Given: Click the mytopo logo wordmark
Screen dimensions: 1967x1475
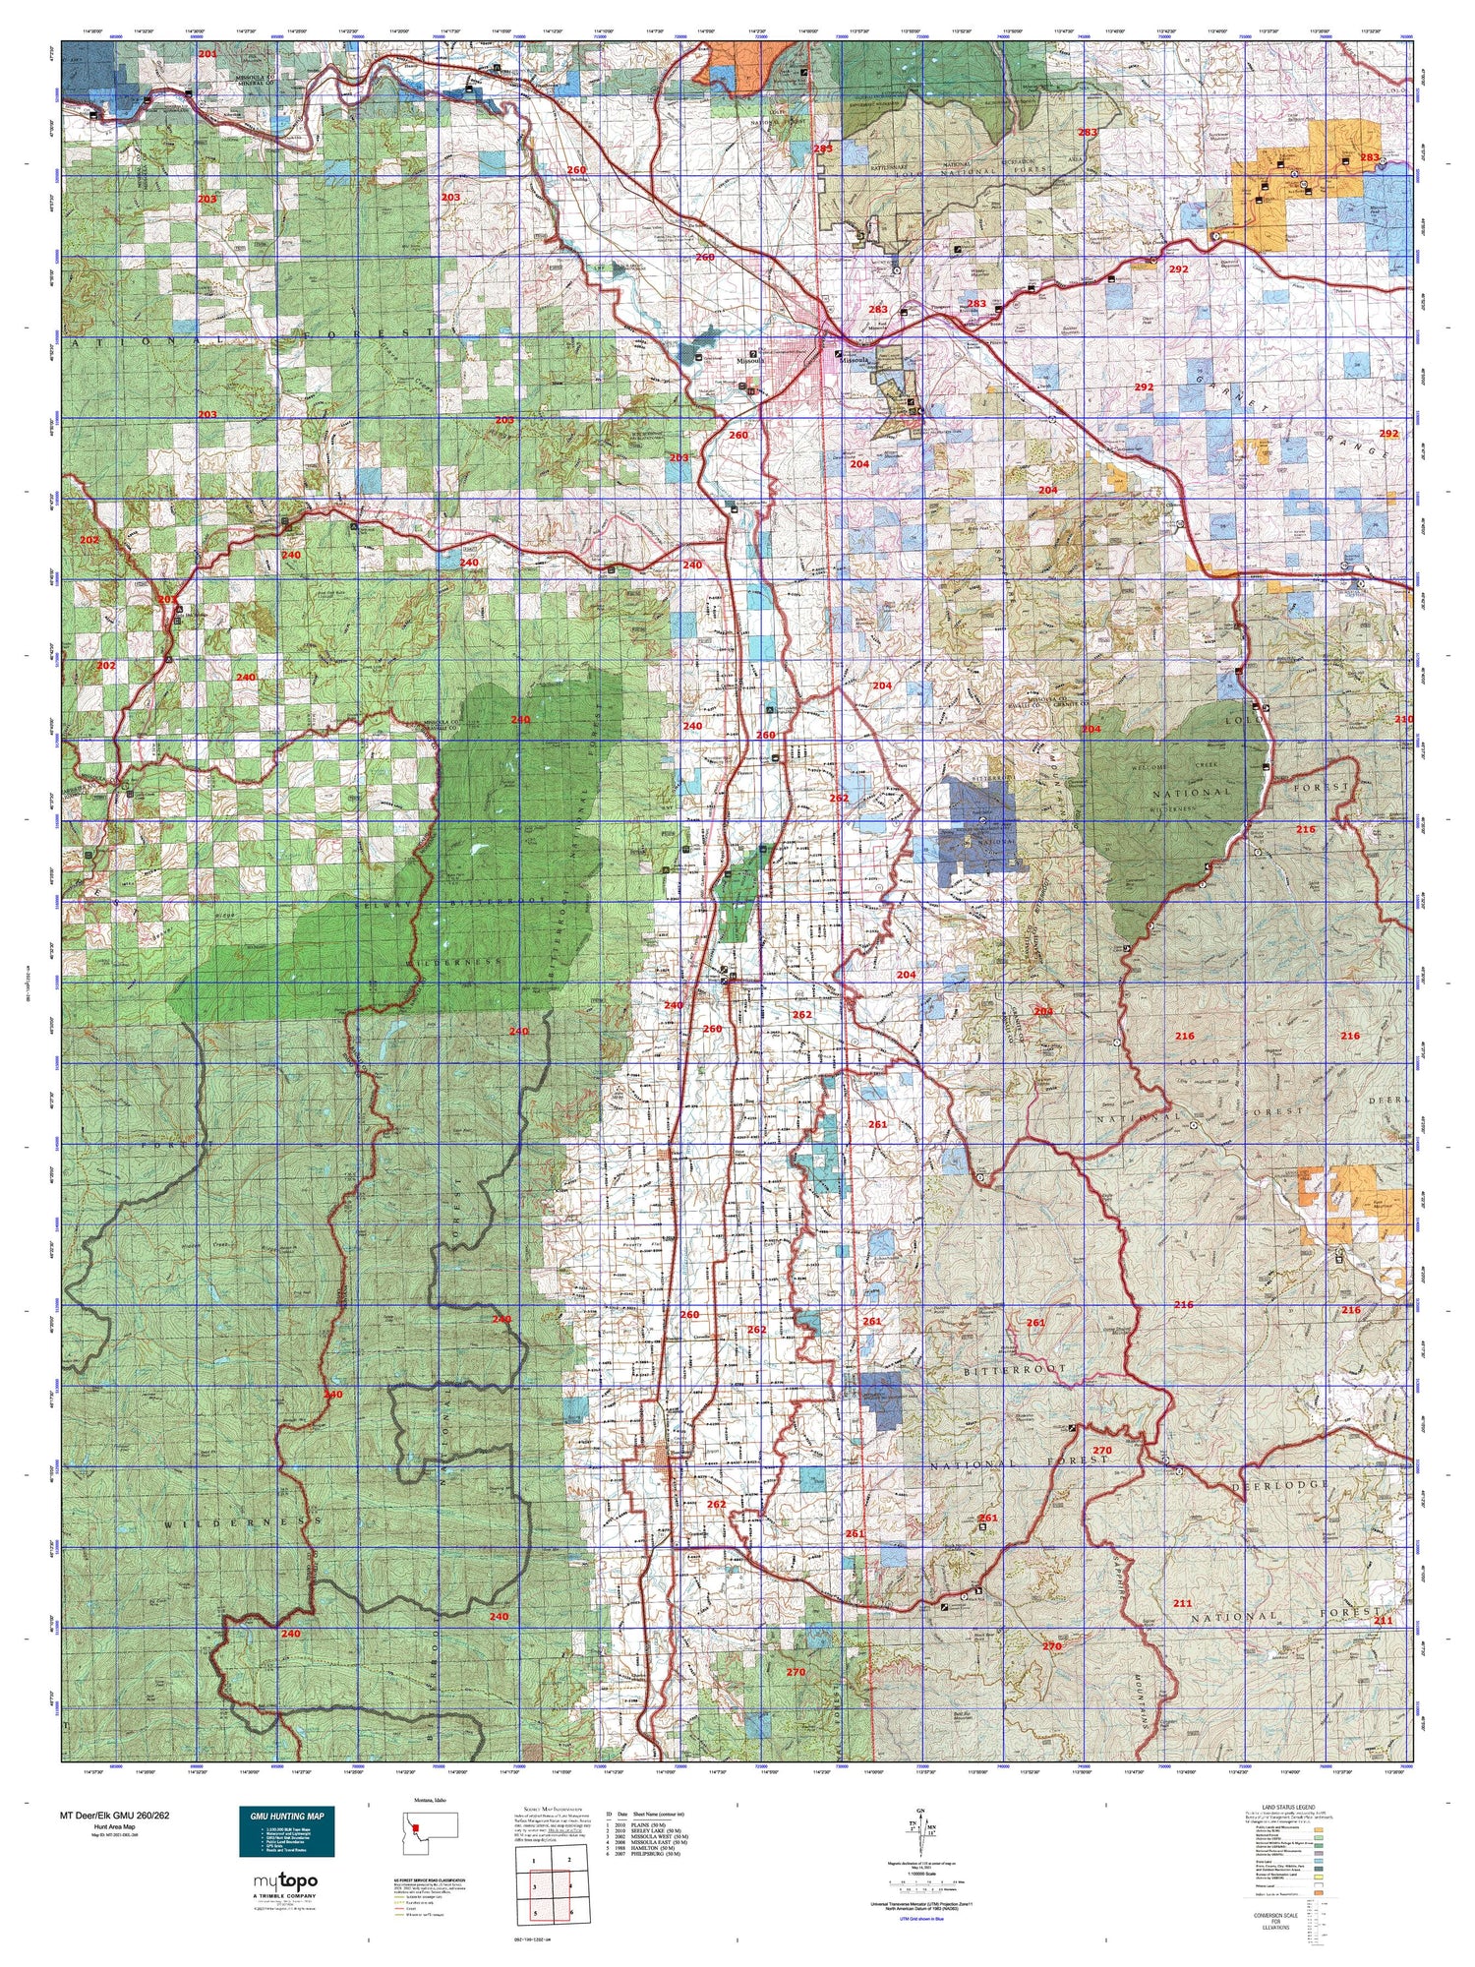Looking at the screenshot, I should point(286,1881).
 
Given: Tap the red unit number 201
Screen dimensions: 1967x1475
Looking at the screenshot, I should point(206,53).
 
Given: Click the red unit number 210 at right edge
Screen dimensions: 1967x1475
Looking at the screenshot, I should point(1402,720).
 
